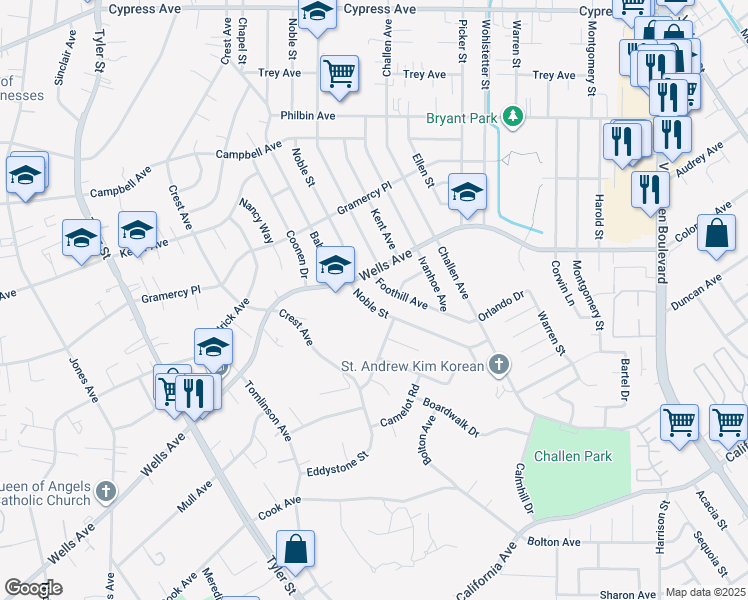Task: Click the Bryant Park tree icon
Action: (514, 117)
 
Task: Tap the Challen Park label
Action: (571, 456)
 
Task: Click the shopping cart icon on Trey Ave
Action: (339, 73)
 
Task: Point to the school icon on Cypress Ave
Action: (318, 14)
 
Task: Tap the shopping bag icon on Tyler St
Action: (296, 549)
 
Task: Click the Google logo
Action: (34, 588)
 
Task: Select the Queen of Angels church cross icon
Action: (106, 490)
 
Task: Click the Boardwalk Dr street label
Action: (451, 417)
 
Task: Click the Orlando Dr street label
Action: (501, 304)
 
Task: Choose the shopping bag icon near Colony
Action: (718, 234)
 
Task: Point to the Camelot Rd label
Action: (398, 408)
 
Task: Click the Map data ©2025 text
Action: (706, 592)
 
